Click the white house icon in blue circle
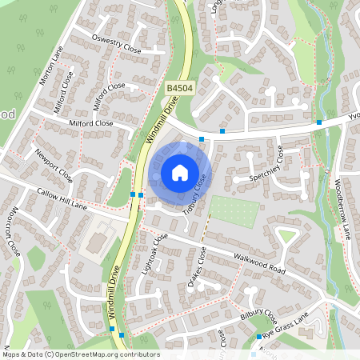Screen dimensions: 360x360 pyautogui.click(x=180, y=173)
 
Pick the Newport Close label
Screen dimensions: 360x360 pyautogui.click(x=54, y=164)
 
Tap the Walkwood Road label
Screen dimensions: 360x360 pyautogui.click(x=259, y=263)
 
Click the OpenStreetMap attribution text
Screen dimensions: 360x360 pyautogui.click(x=81, y=354)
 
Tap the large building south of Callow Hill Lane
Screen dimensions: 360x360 pyautogui.click(x=98, y=241)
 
